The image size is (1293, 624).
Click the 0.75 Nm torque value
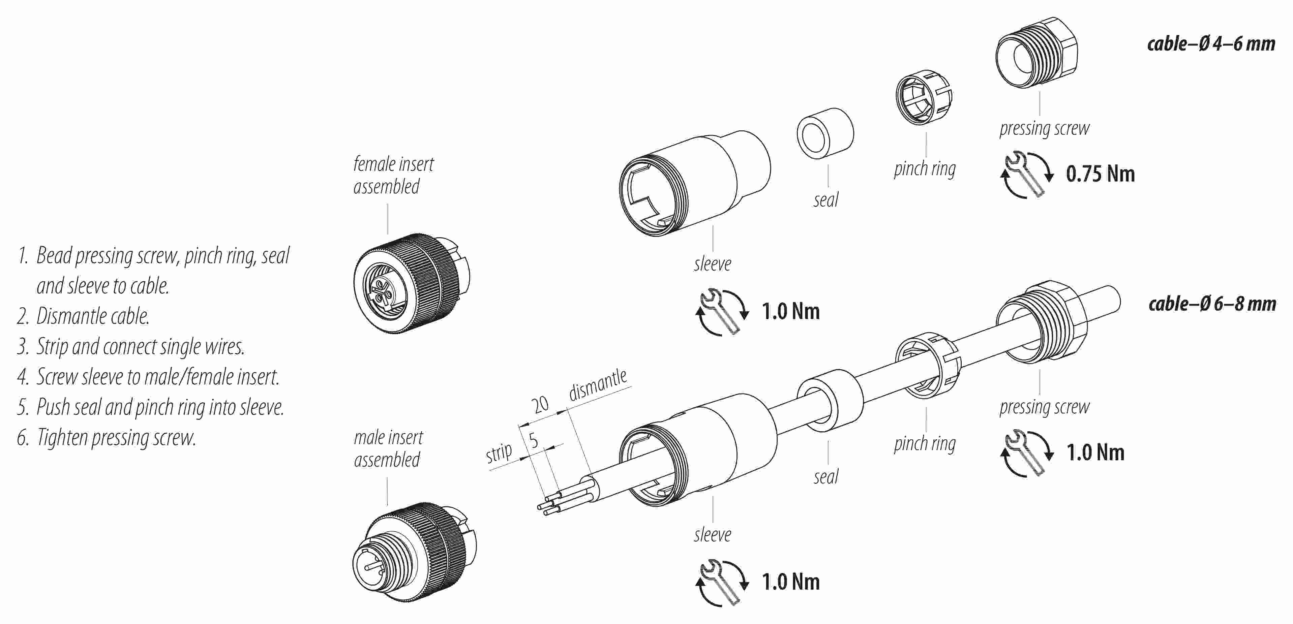point(1100,174)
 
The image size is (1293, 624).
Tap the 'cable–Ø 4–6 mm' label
point(1211,44)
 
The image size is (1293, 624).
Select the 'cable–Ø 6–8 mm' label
point(1212,304)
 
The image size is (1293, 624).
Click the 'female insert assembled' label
point(393,175)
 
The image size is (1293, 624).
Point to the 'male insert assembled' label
point(388,448)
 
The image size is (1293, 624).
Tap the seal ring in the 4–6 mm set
point(825,133)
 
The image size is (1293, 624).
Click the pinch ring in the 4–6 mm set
point(924,97)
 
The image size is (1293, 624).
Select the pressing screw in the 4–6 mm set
point(1036,54)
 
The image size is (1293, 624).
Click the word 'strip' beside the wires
point(499,453)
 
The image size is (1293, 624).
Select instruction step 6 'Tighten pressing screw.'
point(107,437)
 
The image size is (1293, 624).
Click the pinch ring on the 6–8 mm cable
point(928,364)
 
